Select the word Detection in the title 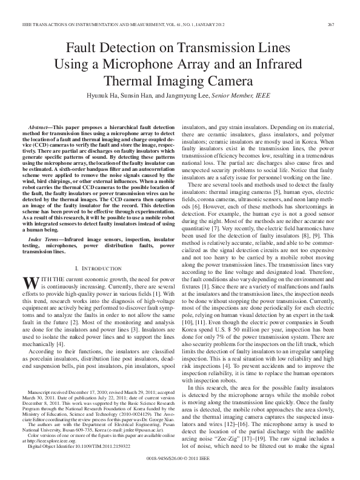point(133,47)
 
